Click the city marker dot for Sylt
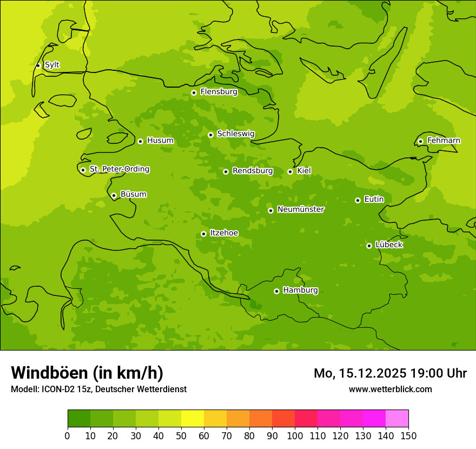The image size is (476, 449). [38, 65]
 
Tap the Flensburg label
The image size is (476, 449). [219, 92]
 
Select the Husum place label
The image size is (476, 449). [160, 141]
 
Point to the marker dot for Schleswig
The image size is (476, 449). [210, 135]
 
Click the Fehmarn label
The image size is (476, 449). [444, 141]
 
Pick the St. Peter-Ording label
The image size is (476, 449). [119, 169]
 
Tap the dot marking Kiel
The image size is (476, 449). [290, 171]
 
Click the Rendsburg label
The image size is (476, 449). [253, 171]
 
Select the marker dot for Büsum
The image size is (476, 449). [114, 195]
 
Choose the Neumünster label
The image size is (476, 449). [301, 209]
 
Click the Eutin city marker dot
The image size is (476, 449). [358, 200]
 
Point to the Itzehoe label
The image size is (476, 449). [224, 233]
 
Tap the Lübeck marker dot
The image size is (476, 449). [369, 246]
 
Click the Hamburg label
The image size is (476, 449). [300, 290]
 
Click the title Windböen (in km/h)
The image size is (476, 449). [87, 373]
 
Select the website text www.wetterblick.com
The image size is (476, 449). [390, 389]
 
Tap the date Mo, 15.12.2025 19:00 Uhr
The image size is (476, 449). [390, 373]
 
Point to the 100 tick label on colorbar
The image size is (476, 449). [295, 435]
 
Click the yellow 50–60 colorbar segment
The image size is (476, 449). [193, 419]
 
